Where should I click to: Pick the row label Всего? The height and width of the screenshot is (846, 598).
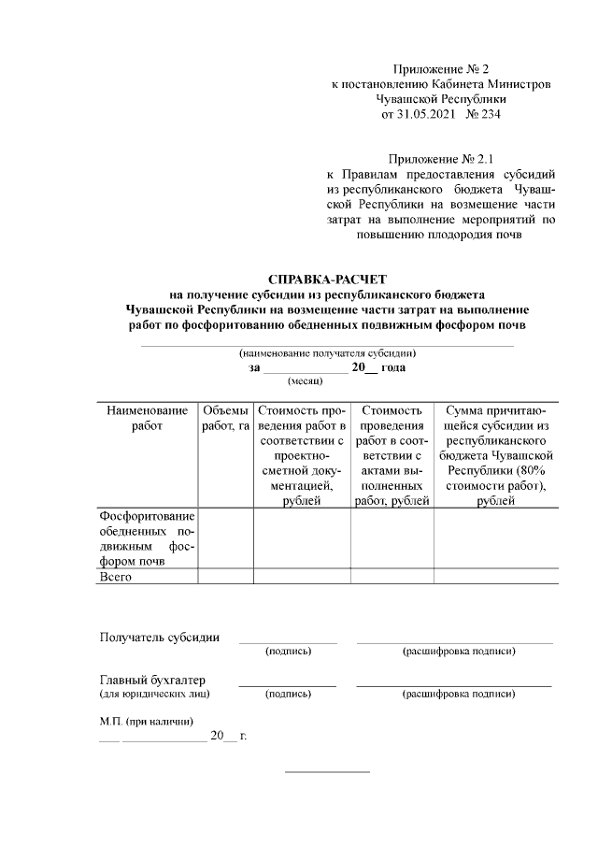115,577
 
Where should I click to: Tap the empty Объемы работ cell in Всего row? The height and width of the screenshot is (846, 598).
225,577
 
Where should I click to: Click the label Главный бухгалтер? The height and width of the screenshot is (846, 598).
152,680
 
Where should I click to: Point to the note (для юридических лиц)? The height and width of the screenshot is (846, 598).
154,695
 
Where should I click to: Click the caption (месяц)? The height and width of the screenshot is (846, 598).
305,381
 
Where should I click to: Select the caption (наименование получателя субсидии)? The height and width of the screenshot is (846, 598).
327,353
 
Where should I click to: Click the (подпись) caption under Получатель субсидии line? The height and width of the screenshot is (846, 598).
288,651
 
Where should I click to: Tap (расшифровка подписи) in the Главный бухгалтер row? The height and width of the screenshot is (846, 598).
458,695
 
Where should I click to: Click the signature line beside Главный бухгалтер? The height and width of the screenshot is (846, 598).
288,686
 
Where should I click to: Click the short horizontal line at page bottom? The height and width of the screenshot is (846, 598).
327,771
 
